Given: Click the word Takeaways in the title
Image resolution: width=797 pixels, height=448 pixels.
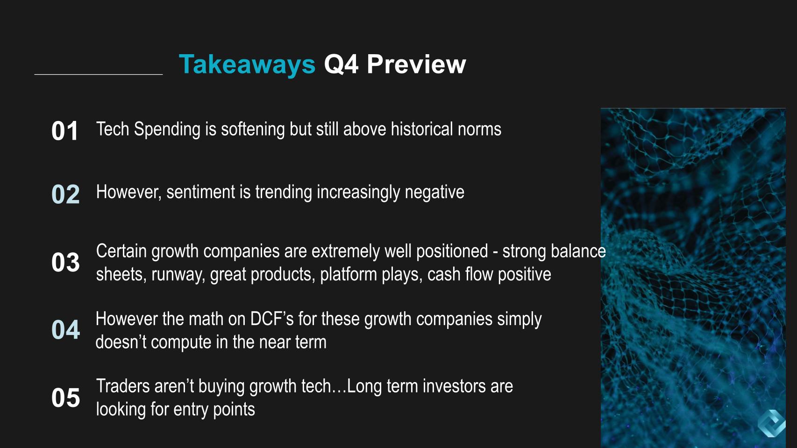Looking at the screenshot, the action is pyautogui.click(x=247, y=65).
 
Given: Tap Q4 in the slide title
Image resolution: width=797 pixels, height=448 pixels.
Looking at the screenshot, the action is pyautogui.click(x=341, y=64).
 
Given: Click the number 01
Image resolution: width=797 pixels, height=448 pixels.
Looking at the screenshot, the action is pyautogui.click(x=64, y=131).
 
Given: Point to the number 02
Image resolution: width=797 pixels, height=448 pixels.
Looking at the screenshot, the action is pyautogui.click(x=65, y=194).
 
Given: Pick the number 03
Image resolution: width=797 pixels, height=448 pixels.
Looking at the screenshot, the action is pyautogui.click(x=65, y=262).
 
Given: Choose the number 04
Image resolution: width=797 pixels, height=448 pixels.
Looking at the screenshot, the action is pyautogui.click(x=65, y=329).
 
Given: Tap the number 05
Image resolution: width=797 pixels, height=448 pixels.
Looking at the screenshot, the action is pyautogui.click(x=65, y=398).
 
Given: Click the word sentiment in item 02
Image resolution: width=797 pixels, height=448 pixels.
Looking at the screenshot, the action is pyautogui.click(x=201, y=192).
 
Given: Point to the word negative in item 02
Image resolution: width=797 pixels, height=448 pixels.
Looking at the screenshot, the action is pyautogui.click(x=434, y=192).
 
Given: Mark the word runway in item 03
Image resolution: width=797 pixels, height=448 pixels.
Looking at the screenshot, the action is pyautogui.click(x=178, y=275).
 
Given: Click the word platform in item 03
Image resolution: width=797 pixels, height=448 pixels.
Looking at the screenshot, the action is pyautogui.click(x=349, y=275).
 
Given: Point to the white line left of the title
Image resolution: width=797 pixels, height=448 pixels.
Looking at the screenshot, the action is pyautogui.click(x=99, y=74).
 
